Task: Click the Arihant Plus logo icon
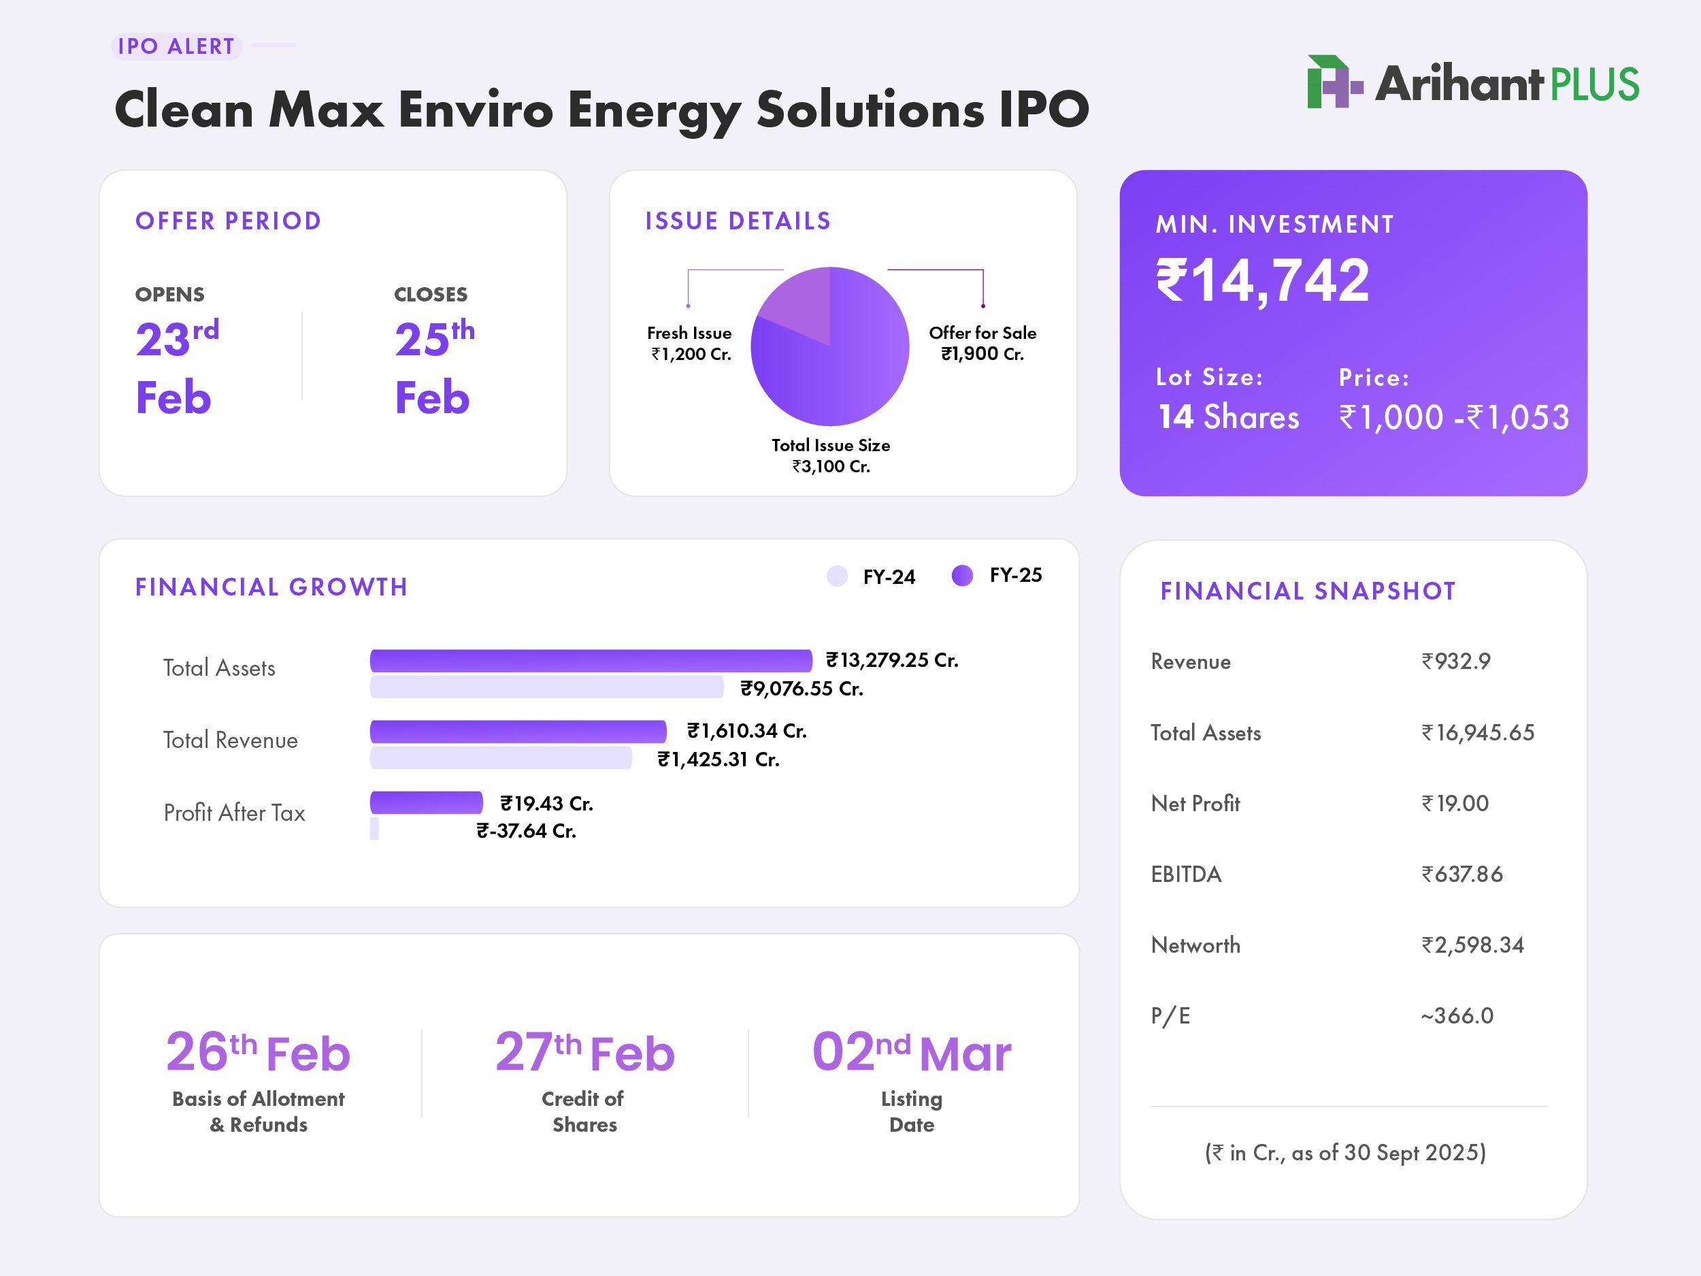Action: pos(1334,82)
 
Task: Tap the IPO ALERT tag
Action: pos(176,46)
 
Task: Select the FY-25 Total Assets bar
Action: pos(591,661)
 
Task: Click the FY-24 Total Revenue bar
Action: pos(501,758)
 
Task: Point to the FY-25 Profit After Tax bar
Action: pos(426,802)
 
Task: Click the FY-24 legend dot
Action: pos(837,576)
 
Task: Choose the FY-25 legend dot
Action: pos(962,575)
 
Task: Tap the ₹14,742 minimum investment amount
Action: pos(1263,281)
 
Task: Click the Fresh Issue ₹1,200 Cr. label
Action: pos(689,343)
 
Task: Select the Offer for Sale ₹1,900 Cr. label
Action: pos(982,343)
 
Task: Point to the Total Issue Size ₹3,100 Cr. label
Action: pos(831,455)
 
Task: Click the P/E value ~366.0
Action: pos(1457,1015)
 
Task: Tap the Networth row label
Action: pos(1195,945)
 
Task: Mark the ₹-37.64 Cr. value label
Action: pos(526,831)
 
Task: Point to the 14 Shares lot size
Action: pos(1228,417)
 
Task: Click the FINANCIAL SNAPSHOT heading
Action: pos(1307,591)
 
